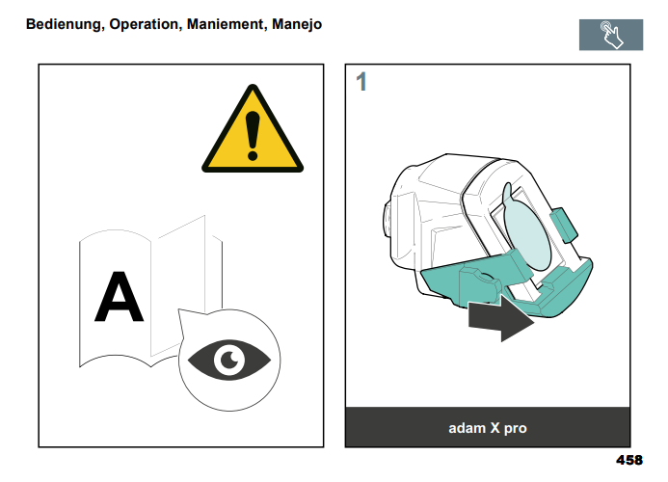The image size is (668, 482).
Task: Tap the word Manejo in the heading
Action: coord(297,25)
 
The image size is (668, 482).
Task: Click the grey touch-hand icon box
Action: coord(611,35)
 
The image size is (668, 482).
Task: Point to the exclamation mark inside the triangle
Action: coord(253,136)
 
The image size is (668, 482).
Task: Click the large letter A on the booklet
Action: coord(119,297)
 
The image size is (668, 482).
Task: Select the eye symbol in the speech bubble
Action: coord(229,361)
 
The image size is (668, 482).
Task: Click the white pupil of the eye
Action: coord(229,360)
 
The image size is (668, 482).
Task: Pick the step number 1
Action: coord(361,82)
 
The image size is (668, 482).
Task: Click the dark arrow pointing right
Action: coord(501,318)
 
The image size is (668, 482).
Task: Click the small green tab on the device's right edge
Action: coord(564,225)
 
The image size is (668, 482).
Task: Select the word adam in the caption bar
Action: coord(467,428)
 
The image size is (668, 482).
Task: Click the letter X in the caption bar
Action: coord(495,428)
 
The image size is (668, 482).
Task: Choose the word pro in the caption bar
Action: coord(516,429)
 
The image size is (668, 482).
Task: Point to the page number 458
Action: coord(629,460)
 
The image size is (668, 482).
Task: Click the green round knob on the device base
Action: coord(480,284)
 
